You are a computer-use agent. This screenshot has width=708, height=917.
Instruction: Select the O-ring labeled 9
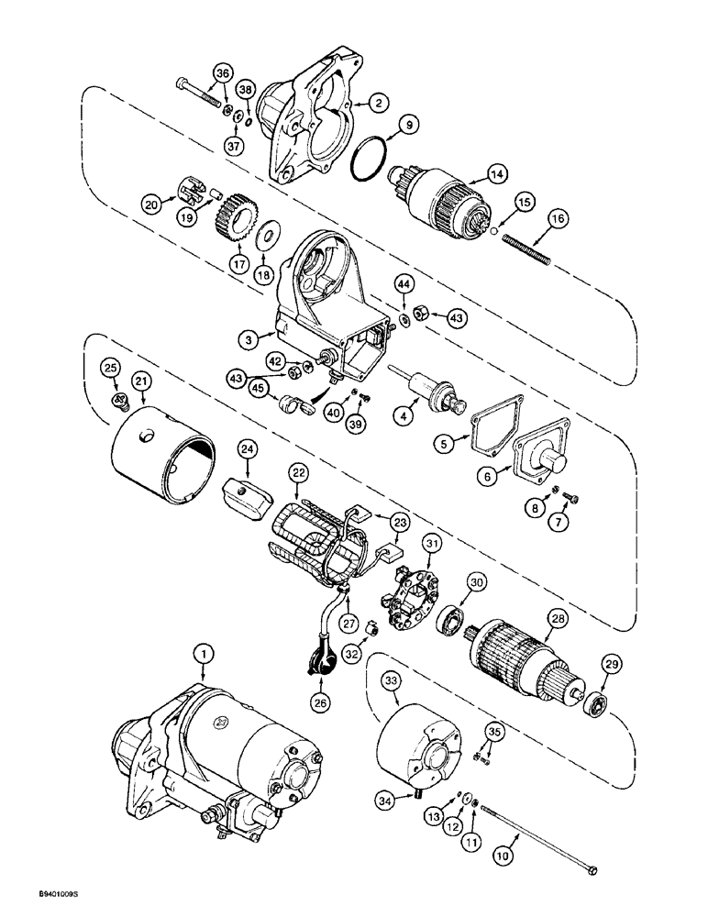point(372,153)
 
